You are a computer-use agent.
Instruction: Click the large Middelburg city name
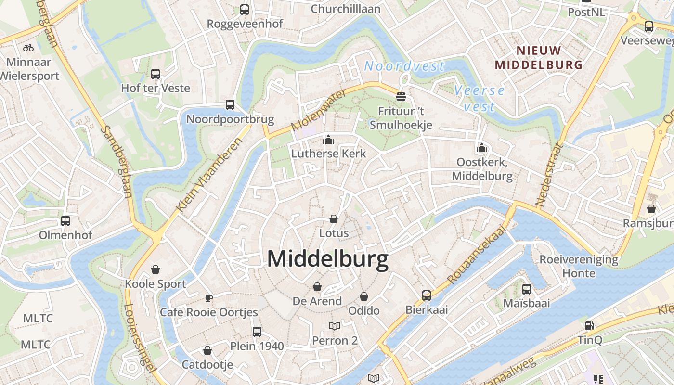327,259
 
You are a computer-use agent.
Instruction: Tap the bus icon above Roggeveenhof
245,9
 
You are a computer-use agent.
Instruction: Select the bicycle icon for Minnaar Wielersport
28,48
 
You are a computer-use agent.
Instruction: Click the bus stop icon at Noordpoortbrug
230,104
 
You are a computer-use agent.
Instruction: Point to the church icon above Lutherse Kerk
328,140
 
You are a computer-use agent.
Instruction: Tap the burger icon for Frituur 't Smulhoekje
401,96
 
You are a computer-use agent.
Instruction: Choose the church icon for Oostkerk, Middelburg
482,148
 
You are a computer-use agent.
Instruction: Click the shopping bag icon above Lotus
334,219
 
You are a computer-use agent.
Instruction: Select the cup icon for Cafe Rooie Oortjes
209,298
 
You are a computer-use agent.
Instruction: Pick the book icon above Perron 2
335,326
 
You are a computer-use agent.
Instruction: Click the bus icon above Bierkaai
427,295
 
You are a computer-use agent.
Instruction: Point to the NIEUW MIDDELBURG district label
539,57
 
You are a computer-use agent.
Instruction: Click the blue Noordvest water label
404,66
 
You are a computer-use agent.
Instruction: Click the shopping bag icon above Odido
364,296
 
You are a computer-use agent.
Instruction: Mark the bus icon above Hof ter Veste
155,74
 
